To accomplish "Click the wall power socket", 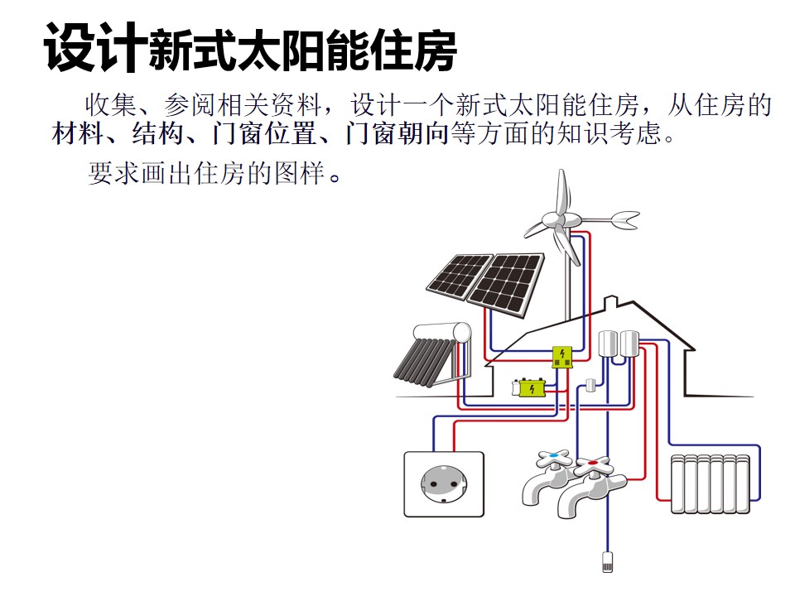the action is [x=444, y=484].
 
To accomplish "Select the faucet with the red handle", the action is [x=590, y=488].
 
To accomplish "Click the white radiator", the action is [x=711, y=484].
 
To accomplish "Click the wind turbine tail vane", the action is [x=626, y=219].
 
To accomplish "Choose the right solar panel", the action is [x=506, y=285].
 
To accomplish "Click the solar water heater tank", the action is [x=442, y=333].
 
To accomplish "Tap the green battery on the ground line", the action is [x=529, y=388].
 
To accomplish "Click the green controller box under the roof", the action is [x=561, y=357].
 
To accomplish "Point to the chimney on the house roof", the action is [x=611, y=303].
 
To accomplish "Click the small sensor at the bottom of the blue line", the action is [x=607, y=561].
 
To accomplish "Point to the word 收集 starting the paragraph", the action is [x=111, y=105].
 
